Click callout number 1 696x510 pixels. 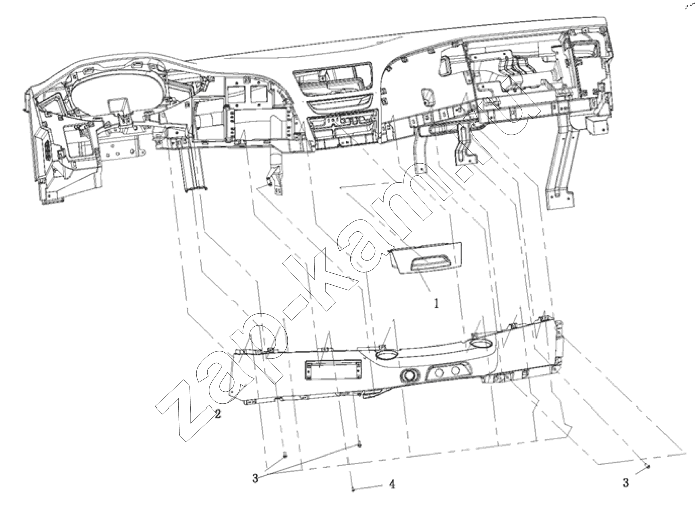coord(436,303)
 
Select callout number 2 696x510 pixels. coord(218,414)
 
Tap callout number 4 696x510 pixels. coord(392,484)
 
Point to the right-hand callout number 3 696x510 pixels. coord(626,483)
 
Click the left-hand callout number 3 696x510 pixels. coord(255,478)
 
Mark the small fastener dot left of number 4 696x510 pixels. coord(353,490)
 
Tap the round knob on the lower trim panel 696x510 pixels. coord(410,376)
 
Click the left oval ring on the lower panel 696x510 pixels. coord(386,355)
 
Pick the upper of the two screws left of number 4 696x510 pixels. coord(359,445)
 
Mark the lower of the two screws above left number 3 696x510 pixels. coord(285,455)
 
